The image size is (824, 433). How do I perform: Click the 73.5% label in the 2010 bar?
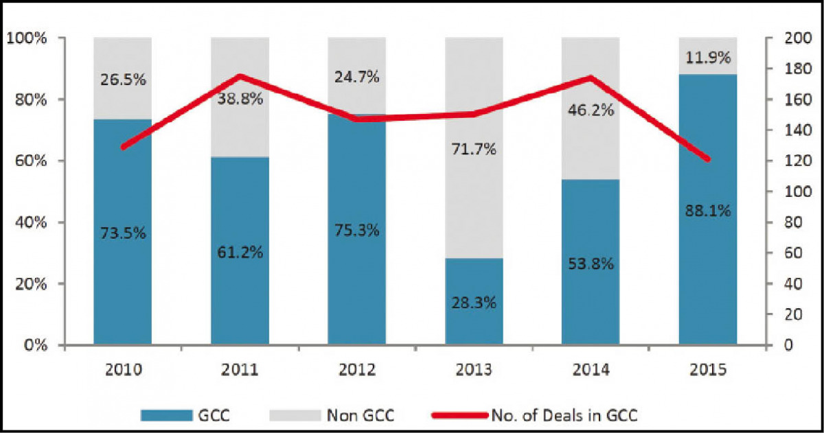pyautogui.click(x=124, y=233)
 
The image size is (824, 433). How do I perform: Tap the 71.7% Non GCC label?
pyautogui.click(x=474, y=148)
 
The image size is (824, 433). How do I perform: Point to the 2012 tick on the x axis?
pyautogui.click(x=356, y=371)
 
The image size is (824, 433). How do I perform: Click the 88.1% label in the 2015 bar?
pyautogui.click(x=708, y=211)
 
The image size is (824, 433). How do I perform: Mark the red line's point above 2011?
pyautogui.click(x=240, y=76)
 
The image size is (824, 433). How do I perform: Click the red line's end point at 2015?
pyautogui.click(x=708, y=159)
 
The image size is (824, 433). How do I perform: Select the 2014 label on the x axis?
pyautogui.click(x=591, y=371)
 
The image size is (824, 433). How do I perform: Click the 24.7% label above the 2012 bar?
pyautogui.click(x=357, y=78)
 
